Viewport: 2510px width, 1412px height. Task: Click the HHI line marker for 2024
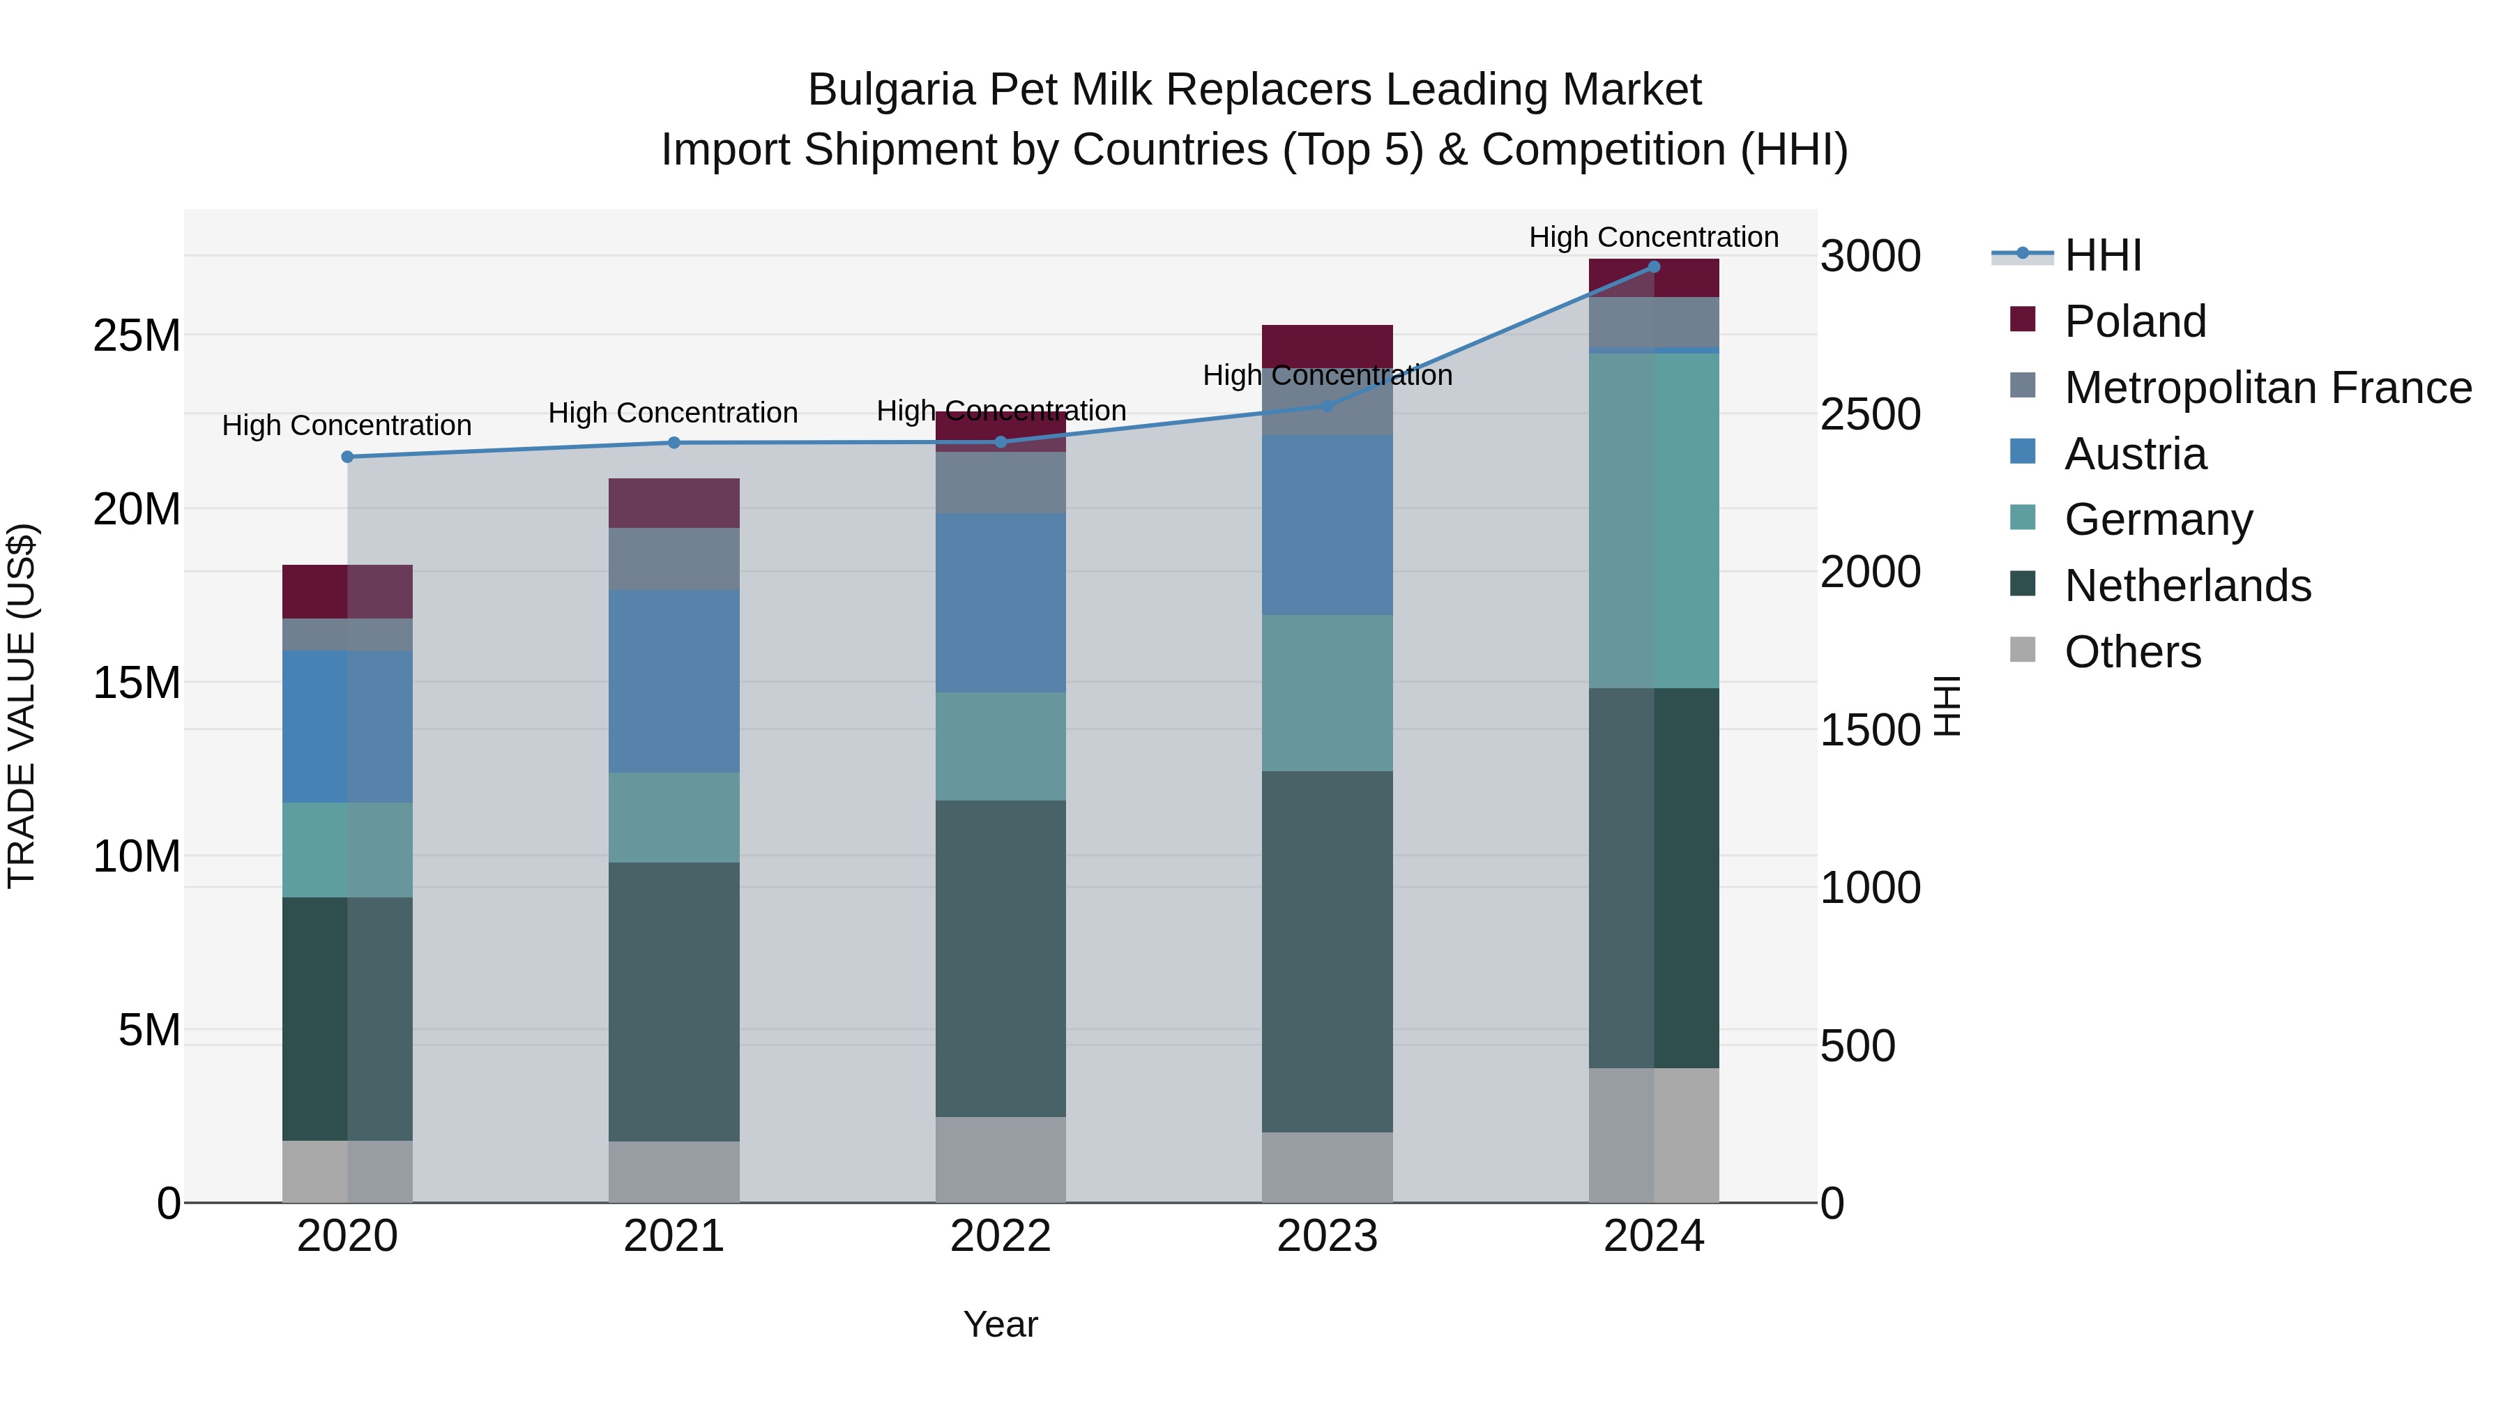coord(1654,267)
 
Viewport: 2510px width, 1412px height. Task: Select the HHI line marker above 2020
coord(347,457)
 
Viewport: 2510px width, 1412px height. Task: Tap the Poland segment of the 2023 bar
coord(1327,346)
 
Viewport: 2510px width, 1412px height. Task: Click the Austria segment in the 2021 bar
coord(674,680)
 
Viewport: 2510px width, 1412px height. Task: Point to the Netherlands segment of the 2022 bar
coord(1001,958)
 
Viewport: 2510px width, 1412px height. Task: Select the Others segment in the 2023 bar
coord(1327,1167)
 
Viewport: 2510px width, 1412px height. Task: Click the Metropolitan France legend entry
coord(2267,388)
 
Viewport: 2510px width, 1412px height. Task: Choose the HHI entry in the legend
coord(2103,255)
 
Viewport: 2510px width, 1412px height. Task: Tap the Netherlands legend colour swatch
coord(2023,585)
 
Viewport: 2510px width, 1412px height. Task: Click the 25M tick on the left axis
coord(137,336)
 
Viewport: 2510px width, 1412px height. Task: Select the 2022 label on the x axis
coord(1001,1236)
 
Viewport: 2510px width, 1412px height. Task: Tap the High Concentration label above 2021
coord(674,413)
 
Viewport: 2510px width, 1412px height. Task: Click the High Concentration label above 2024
coord(1654,237)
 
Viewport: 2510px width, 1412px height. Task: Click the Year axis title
coord(1001,1324)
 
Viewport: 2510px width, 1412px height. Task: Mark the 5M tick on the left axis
coord(149,1030)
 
